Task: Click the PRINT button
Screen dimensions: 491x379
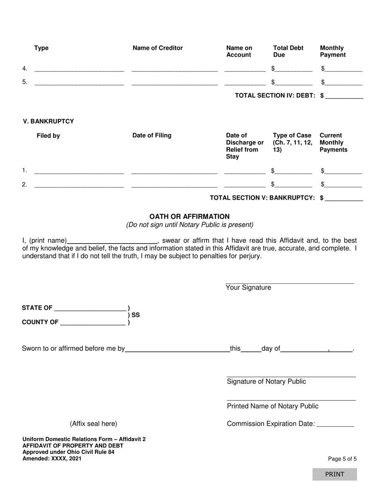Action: [x=334, y=474]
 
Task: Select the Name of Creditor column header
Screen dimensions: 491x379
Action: [x=158, y=48]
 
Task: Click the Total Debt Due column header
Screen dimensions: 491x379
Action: [x=288, y=51]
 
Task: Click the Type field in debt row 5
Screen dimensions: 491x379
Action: [x=79, y=82]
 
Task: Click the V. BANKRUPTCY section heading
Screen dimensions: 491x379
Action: [x=48, y=121]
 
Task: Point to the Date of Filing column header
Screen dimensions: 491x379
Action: [x=152, y=135]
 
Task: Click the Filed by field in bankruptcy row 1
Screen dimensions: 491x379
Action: [x=79, y=171]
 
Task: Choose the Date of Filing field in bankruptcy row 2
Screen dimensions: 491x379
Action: [x=174, y=184]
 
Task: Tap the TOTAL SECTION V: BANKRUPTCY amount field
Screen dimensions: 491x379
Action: [x=344, y=198]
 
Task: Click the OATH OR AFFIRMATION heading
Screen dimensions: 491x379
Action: [x=189, y=216]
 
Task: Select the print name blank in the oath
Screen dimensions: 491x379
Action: [x=113, y=240]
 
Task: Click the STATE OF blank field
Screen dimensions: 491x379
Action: [x=90, y=308]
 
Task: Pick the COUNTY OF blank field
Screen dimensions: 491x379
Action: [x=93, y=323]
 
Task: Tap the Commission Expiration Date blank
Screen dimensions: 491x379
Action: [x=335, y=424]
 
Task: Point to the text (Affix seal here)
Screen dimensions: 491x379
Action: [x=94, y=424]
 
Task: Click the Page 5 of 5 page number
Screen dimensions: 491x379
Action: [x=342, y=459]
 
